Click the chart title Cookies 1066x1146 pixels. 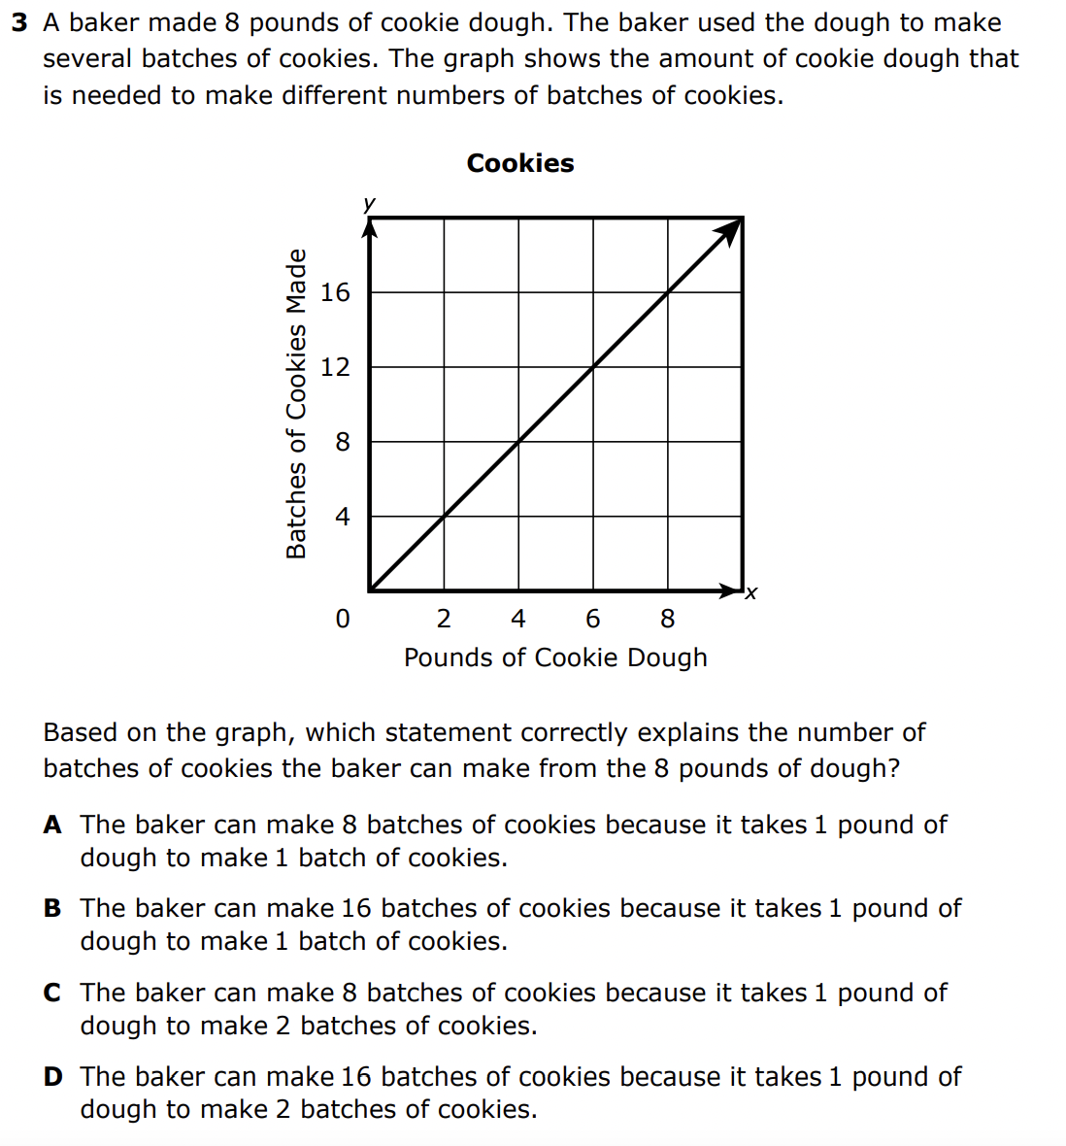pos(520,163)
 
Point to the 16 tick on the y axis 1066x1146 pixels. pos(335,292)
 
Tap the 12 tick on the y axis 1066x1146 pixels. pos(335,367)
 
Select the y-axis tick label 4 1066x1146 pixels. pos(342,517)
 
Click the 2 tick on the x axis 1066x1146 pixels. pos(444,619)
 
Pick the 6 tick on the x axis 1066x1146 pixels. pos(593,619)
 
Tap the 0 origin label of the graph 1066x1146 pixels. pos(342,619)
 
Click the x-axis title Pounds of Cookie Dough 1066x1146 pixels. pos(555,657)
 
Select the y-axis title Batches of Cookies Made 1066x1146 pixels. pos(296,404)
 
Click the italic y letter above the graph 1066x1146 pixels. pos(369,203)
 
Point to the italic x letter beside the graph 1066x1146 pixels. pos(750,592)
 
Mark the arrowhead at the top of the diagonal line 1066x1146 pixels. pos(730,231)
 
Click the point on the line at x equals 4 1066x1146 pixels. pos(518,442)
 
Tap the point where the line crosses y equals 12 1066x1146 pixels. pos(593,367)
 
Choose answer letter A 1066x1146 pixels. pos(52,826)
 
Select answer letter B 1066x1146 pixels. pos(52,909)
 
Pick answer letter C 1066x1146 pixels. pos(52,994)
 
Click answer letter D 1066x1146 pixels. pos(52,1077)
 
